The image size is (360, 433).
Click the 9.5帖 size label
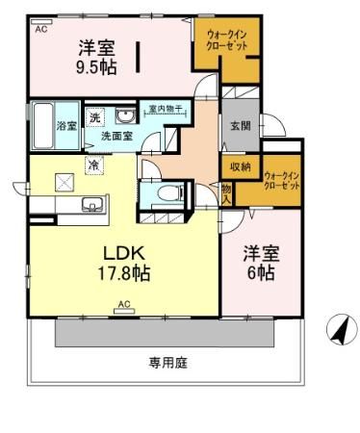click(x=96, y=67)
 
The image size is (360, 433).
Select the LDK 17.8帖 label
click(x=124, y=262)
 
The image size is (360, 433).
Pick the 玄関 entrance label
click(x=241, y=125)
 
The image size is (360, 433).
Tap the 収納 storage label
click(x=241, y=166)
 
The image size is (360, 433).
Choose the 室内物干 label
click(x=165, y=109)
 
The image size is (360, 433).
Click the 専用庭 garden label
click(x=167, y=363)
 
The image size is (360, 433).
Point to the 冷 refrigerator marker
click(x=93, y=166)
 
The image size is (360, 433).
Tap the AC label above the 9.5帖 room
click(x=40, y=30)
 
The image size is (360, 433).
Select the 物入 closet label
click(x=227, y=193)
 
